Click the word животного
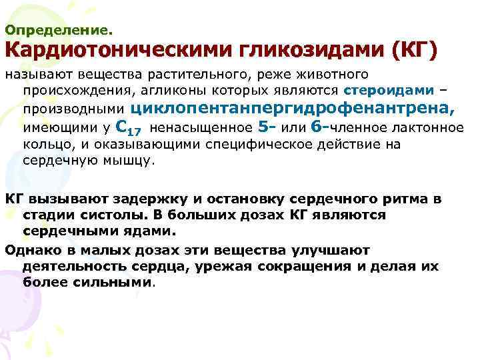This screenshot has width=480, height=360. [x=333, y=73]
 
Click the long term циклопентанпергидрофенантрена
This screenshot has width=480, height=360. [x=294, y=107]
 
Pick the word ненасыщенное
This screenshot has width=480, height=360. [x=207, y=127]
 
